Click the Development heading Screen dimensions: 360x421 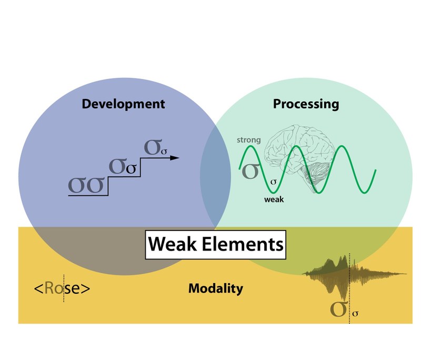(x=123, y=104)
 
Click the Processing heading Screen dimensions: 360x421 (x=306, y=104)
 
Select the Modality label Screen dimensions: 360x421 (x=215, y=288)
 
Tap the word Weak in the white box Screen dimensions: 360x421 (x=172, y=244)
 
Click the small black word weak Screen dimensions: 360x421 (x=275, y=199)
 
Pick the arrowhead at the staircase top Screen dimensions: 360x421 (x=175, y=157)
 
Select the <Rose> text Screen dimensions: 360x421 (x=62, y=288)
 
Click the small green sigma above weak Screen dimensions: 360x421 (x=273, y=182)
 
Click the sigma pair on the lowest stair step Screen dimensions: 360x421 (x=87, y=185)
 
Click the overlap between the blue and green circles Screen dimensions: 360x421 (x=216, y=174)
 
